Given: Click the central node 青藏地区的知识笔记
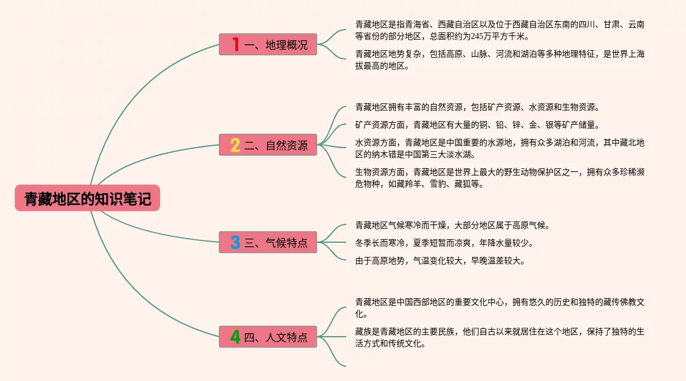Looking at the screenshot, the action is point(87,199).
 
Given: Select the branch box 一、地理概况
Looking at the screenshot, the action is point(268,44).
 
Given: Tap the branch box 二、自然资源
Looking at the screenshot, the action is point(268,145).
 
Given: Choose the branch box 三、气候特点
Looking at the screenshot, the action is point(268,242).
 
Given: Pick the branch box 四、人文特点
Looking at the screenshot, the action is point(268,337).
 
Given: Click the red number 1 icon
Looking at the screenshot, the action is point(235,44).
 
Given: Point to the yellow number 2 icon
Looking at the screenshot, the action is point(235,145).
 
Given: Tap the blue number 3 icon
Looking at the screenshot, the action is point(235,242).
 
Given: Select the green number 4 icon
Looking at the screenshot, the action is point(235,337).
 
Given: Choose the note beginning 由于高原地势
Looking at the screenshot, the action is point(440,260).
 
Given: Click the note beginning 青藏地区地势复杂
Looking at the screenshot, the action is point(499,60).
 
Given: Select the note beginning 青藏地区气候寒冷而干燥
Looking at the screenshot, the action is point(453,225).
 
